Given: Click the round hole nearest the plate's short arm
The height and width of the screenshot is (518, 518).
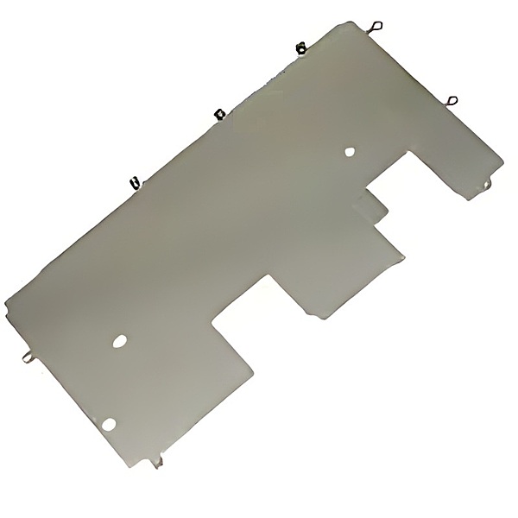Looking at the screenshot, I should coord(350,152).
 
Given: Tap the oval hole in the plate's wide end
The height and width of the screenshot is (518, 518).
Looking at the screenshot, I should coord(119,341).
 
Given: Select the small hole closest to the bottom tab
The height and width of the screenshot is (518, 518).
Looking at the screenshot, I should coord(109,422).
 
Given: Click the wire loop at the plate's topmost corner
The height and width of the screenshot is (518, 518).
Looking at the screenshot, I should coord(377,27).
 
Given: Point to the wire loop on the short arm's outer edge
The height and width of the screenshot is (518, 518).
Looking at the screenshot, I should coord(452,101).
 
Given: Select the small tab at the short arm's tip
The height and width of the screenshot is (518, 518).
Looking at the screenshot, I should coord(488,183).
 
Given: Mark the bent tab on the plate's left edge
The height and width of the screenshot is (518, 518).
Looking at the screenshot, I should coord(26,352).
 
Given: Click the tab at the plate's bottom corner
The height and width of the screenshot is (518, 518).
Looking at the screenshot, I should coord(155,464).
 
